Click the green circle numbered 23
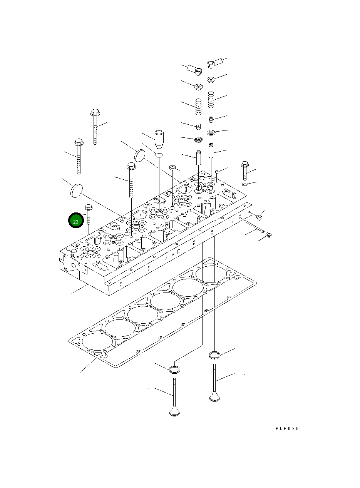[76, 221]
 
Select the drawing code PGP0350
[289, 428]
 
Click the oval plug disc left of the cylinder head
[77, 190]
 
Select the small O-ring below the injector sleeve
[159, 155]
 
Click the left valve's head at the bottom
[175, 411]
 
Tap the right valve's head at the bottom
[215, 396]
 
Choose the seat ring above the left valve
[174, 369]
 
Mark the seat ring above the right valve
[215, 354]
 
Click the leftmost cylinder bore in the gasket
[97, 342]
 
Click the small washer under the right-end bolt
[245, 185]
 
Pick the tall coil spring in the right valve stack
[211, 100]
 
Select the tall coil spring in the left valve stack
[198, 107]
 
